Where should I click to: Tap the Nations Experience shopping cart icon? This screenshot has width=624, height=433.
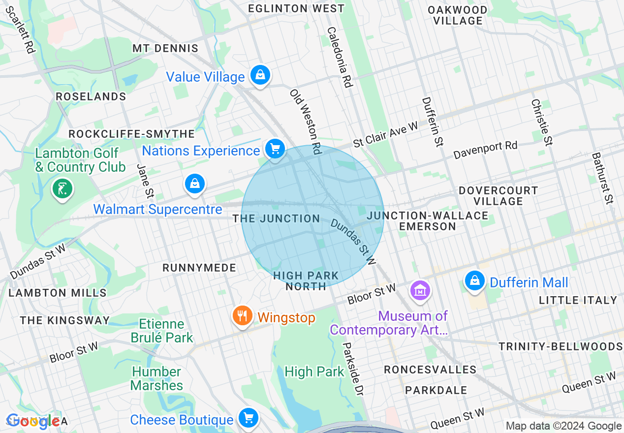[x=275, y=149]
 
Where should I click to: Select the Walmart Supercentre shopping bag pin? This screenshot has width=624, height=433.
[x=195, y=184]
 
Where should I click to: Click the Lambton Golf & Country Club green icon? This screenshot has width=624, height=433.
[x=62, y=188]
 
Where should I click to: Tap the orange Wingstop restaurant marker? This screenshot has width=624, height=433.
[x=242, y=315]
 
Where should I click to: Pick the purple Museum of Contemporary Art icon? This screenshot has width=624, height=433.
[x=420, y=291]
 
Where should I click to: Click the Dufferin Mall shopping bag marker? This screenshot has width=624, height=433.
[x=474, y=281]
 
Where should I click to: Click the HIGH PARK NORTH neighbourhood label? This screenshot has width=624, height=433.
[x=306, y=281]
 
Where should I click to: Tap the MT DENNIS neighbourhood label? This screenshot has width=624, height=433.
[x=165, y=48]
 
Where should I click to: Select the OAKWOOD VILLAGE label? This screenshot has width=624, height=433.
[x=458, y=15]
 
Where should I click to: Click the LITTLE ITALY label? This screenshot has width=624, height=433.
[x=578, y=300]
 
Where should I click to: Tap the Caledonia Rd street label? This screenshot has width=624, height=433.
[x=340, y=57]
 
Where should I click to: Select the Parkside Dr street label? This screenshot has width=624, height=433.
[x=353, y=369]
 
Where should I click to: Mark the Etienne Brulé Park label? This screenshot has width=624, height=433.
[x=161, y=331]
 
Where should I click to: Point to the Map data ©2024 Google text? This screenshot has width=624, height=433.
[x=563, y=426]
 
